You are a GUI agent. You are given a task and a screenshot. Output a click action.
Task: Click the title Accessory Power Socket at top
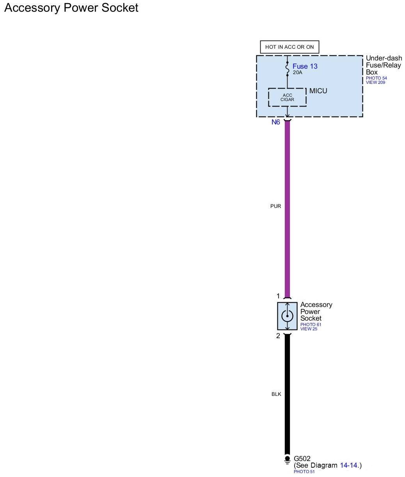pos(71,8)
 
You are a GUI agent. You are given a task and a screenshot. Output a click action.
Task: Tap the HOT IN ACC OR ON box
pos(289,47)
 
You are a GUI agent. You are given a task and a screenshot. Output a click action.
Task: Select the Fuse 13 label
pos(305,66)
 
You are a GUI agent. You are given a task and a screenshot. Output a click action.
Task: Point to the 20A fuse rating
pos(297,73)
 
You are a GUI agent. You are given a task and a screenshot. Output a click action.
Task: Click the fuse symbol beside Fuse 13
pos(287,68)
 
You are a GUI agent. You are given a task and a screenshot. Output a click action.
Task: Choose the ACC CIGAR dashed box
pos(287,97)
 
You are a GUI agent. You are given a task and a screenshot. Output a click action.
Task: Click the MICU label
pos(318,91)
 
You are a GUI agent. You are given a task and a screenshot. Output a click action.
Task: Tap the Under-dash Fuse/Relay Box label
pos(384,65)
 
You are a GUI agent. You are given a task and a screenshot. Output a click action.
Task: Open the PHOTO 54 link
pos(376,78)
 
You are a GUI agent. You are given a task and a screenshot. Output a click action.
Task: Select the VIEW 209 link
pos(375,83)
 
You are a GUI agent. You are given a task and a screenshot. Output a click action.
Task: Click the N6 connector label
pos(276,122)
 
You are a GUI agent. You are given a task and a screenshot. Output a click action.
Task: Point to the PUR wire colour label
pos(275,206)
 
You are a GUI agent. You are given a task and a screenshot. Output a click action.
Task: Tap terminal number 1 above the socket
pos(278,296)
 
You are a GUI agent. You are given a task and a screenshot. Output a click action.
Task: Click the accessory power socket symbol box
pos(287,316)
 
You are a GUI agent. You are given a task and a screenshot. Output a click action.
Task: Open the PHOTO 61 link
pos(311,325)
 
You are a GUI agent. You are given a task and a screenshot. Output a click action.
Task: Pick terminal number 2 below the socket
pos(278,336)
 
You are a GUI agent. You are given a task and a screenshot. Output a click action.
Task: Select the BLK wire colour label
pos(276,394)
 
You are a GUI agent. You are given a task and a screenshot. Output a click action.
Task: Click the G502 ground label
pos(302,459)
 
